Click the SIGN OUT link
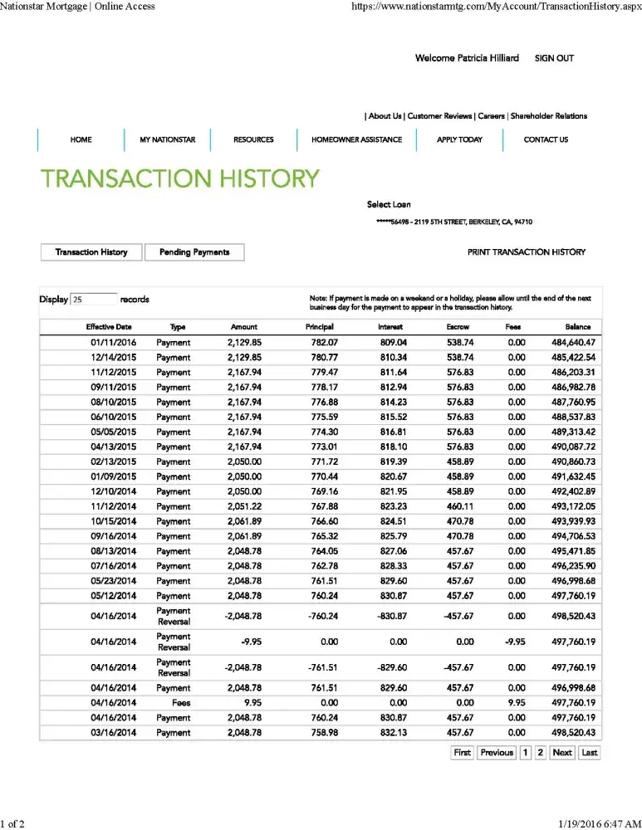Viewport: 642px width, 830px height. click(x=554, y=58)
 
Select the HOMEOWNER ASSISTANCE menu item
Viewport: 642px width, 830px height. click(x=356, y=139)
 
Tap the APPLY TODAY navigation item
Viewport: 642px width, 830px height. click(x=459, y=139)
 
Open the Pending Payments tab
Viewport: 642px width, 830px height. click(x=194, y=252)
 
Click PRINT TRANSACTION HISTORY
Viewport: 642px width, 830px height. click(x=527, y=252)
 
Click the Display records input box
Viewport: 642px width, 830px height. click(x=94, y=300)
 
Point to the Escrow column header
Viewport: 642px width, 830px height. click(x=458, y=327)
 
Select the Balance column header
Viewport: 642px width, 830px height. click(x=578, y=327)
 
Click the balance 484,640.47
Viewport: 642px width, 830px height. click(x=573, y=343)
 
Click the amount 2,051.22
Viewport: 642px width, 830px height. click(x=244, y=506)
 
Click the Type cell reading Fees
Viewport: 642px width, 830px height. click(x=174, y=703)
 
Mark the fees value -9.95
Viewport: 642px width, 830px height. click(x=516, y=642)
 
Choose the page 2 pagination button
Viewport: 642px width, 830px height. click(x=540, y=753)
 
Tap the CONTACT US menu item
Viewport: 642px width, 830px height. click(x=546, y=139)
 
